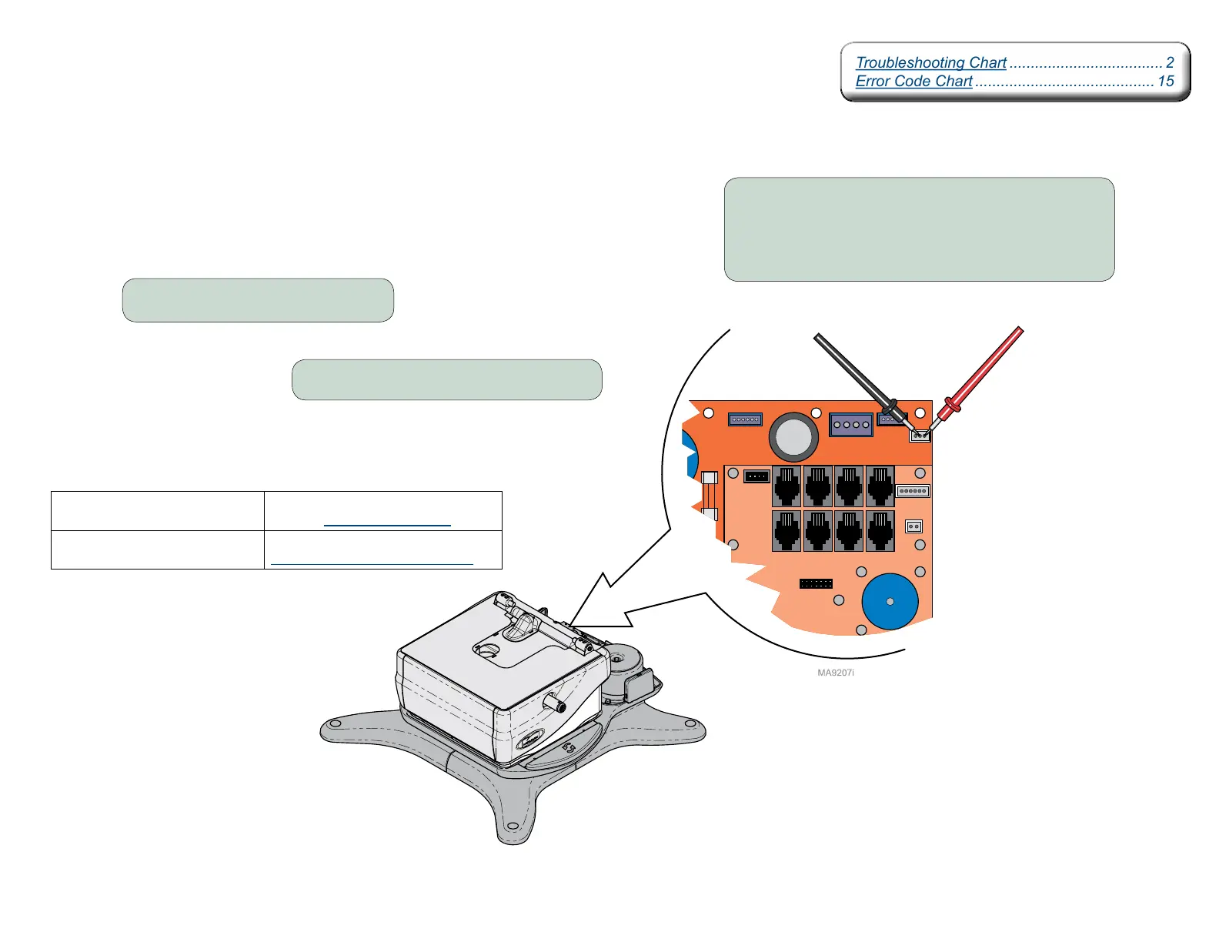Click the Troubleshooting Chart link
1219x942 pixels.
[x=930, y=63]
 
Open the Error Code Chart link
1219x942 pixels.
[x=913, y=82]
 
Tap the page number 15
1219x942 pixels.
[x=1165, y=82]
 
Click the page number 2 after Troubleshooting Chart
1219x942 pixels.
[x=1169, y=63]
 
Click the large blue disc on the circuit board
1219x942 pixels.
[x=890, y=602]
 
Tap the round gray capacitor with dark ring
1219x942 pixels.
[x=793, y=437]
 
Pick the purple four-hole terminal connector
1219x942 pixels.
[x=850, y=425]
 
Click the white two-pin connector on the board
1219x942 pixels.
[x=913, y=526]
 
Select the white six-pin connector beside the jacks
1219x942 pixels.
[x=913, y=491]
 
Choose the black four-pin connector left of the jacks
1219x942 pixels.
[x=756, y=476]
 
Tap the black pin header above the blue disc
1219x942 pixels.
[x=816, y=584]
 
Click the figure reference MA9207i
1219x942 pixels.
[x=835, y=673]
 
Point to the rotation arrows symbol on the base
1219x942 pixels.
[x=569, y=747]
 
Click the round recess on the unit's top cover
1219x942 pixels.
[x=486, y=650]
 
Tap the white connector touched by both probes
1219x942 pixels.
[x=920, y=436]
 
